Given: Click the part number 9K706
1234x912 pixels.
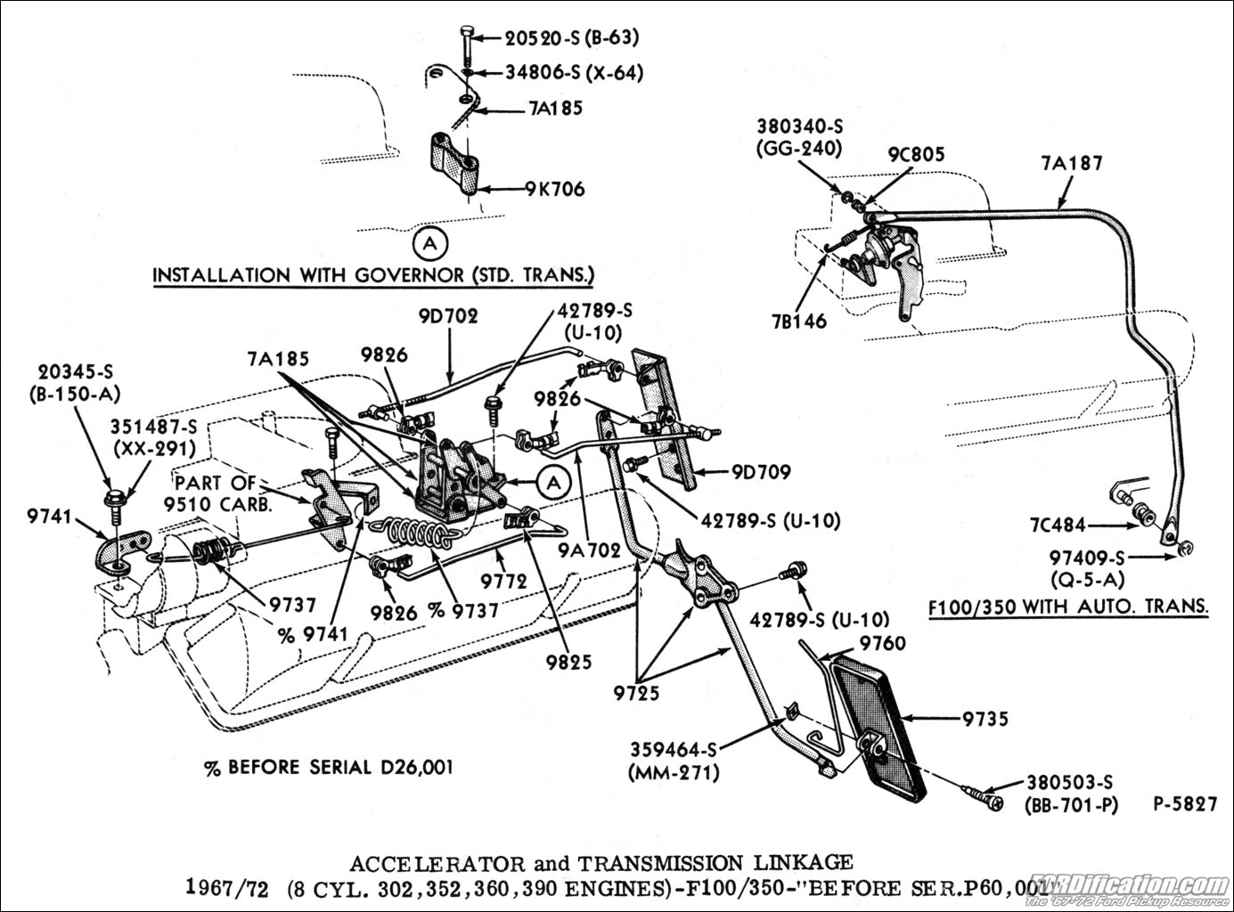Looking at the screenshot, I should (554, 189).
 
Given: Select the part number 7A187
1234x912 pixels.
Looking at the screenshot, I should (1071, 163).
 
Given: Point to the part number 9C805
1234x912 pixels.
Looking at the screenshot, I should (915, 155).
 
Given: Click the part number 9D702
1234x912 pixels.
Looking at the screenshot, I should (445, 315).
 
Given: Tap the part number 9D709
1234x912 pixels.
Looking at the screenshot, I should (760, 472).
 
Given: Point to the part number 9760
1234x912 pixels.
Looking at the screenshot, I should (882, 643).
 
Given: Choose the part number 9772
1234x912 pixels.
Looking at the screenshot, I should (504, 581).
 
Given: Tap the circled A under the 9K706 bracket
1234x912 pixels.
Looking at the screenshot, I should (430, 242).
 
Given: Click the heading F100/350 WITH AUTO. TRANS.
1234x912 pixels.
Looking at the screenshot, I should (1067, 607).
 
